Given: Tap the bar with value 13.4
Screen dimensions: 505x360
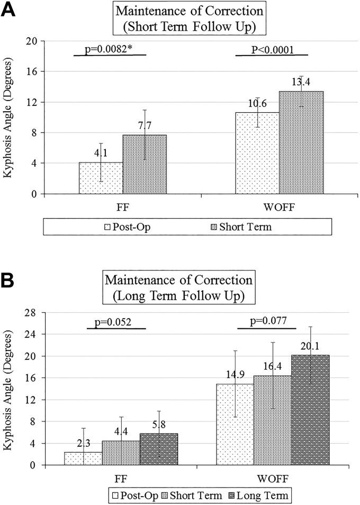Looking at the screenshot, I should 301,142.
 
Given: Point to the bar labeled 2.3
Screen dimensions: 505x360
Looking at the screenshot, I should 83,458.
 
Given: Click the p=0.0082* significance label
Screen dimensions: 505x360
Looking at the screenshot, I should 110,50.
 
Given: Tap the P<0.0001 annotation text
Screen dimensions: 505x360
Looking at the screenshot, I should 272,50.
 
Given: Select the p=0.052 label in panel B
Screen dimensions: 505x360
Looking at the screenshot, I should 116,323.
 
